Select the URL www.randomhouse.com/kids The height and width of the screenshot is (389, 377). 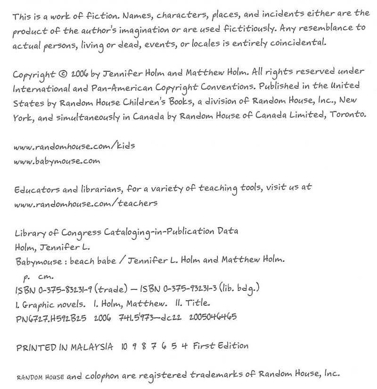click(x=74, y=146)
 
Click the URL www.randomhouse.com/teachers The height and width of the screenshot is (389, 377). click(x=85, y=203)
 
